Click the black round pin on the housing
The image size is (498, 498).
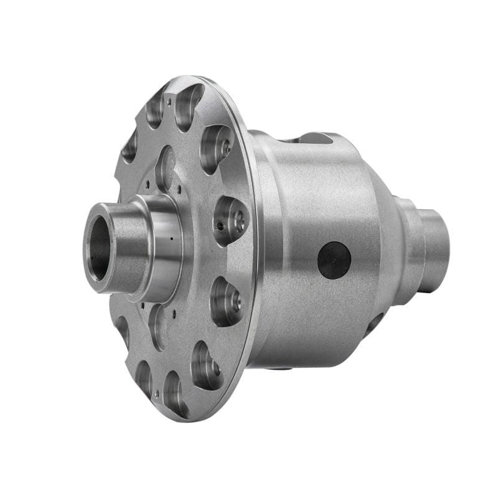[x=334, y=260]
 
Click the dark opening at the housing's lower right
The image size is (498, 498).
[x=373, y=324]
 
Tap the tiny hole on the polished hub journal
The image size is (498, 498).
[x=169, y=238]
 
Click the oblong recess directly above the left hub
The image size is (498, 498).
[x=166, y=167]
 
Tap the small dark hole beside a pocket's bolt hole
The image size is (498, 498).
[x=220, y=225]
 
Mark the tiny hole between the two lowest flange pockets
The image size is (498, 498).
[x=156, y=393]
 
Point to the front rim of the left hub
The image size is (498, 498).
[x=88, y=243]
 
